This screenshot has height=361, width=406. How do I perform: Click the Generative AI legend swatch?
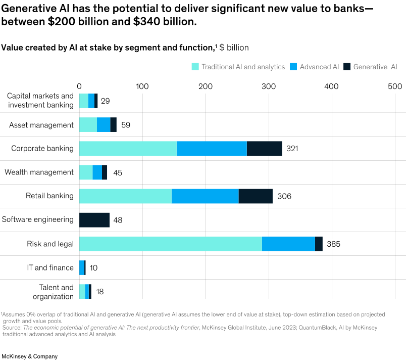tap(346, 67)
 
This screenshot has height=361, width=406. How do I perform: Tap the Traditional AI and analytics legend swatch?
tap(194, 67)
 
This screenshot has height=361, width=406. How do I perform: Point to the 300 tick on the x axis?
tap(268, 86)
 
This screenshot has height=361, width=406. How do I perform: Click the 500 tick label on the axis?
tap(394, 86)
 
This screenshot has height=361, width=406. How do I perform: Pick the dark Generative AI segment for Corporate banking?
tap(264, 149)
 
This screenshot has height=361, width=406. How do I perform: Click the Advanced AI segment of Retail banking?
tap(205, 196)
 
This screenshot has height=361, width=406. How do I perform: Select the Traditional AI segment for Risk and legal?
tap(170, 244)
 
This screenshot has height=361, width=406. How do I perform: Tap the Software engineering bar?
tap(95, 220)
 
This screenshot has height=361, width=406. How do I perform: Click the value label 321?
tap(292, 149)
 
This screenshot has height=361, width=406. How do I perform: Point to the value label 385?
tap(333, 244)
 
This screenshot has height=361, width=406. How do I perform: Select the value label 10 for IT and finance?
tap(94, 268)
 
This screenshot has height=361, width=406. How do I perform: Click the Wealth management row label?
tap(39, 172)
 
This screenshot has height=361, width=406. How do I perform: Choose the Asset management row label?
tap(41, 125)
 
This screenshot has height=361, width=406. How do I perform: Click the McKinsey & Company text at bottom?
tap(29, 356)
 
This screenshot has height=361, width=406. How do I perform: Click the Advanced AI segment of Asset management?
tap(104, 125)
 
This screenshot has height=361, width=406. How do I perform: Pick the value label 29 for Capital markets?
tap(105, 101)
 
